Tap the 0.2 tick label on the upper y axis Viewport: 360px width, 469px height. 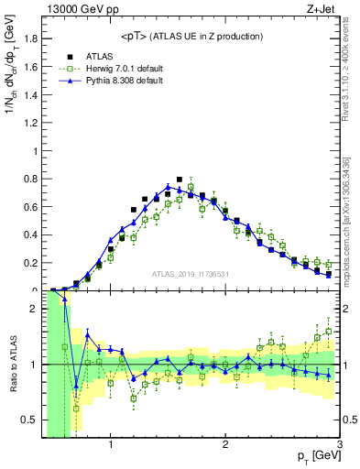31,263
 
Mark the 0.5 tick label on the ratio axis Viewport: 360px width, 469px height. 31,420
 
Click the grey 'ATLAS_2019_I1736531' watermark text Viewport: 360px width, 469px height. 191,274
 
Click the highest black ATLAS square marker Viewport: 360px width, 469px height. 180,180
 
